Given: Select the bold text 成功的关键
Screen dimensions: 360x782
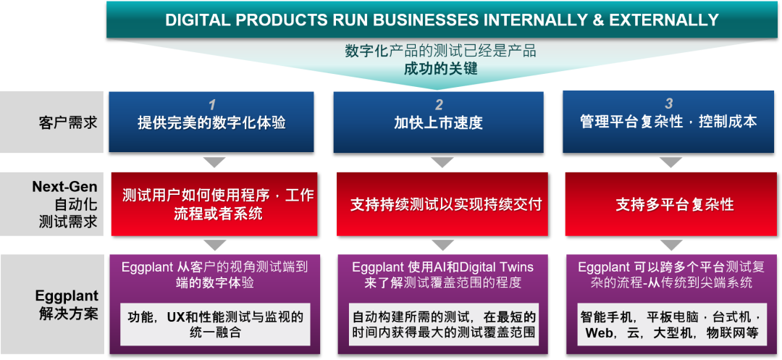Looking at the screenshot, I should pos(440,70).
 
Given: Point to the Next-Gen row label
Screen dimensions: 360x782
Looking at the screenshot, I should pos(64,187).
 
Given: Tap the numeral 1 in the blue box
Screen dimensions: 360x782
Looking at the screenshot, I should pos(211,104).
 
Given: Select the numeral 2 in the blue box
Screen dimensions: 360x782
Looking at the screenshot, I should pos(439,104).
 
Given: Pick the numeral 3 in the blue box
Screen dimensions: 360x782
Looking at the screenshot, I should pos(668,104).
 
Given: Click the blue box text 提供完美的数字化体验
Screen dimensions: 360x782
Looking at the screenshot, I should pos(211,123).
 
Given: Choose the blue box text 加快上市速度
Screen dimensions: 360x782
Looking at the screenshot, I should pos(438,123).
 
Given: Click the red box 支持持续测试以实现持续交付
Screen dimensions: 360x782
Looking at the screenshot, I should pos(446,204).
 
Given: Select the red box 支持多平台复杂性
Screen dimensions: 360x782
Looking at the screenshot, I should pos(675,204).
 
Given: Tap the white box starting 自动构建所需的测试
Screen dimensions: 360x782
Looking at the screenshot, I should pos(443,325).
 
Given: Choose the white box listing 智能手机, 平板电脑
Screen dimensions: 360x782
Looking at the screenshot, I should pos(670,325).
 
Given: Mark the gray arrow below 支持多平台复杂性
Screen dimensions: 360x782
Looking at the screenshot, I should pos(670,245).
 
